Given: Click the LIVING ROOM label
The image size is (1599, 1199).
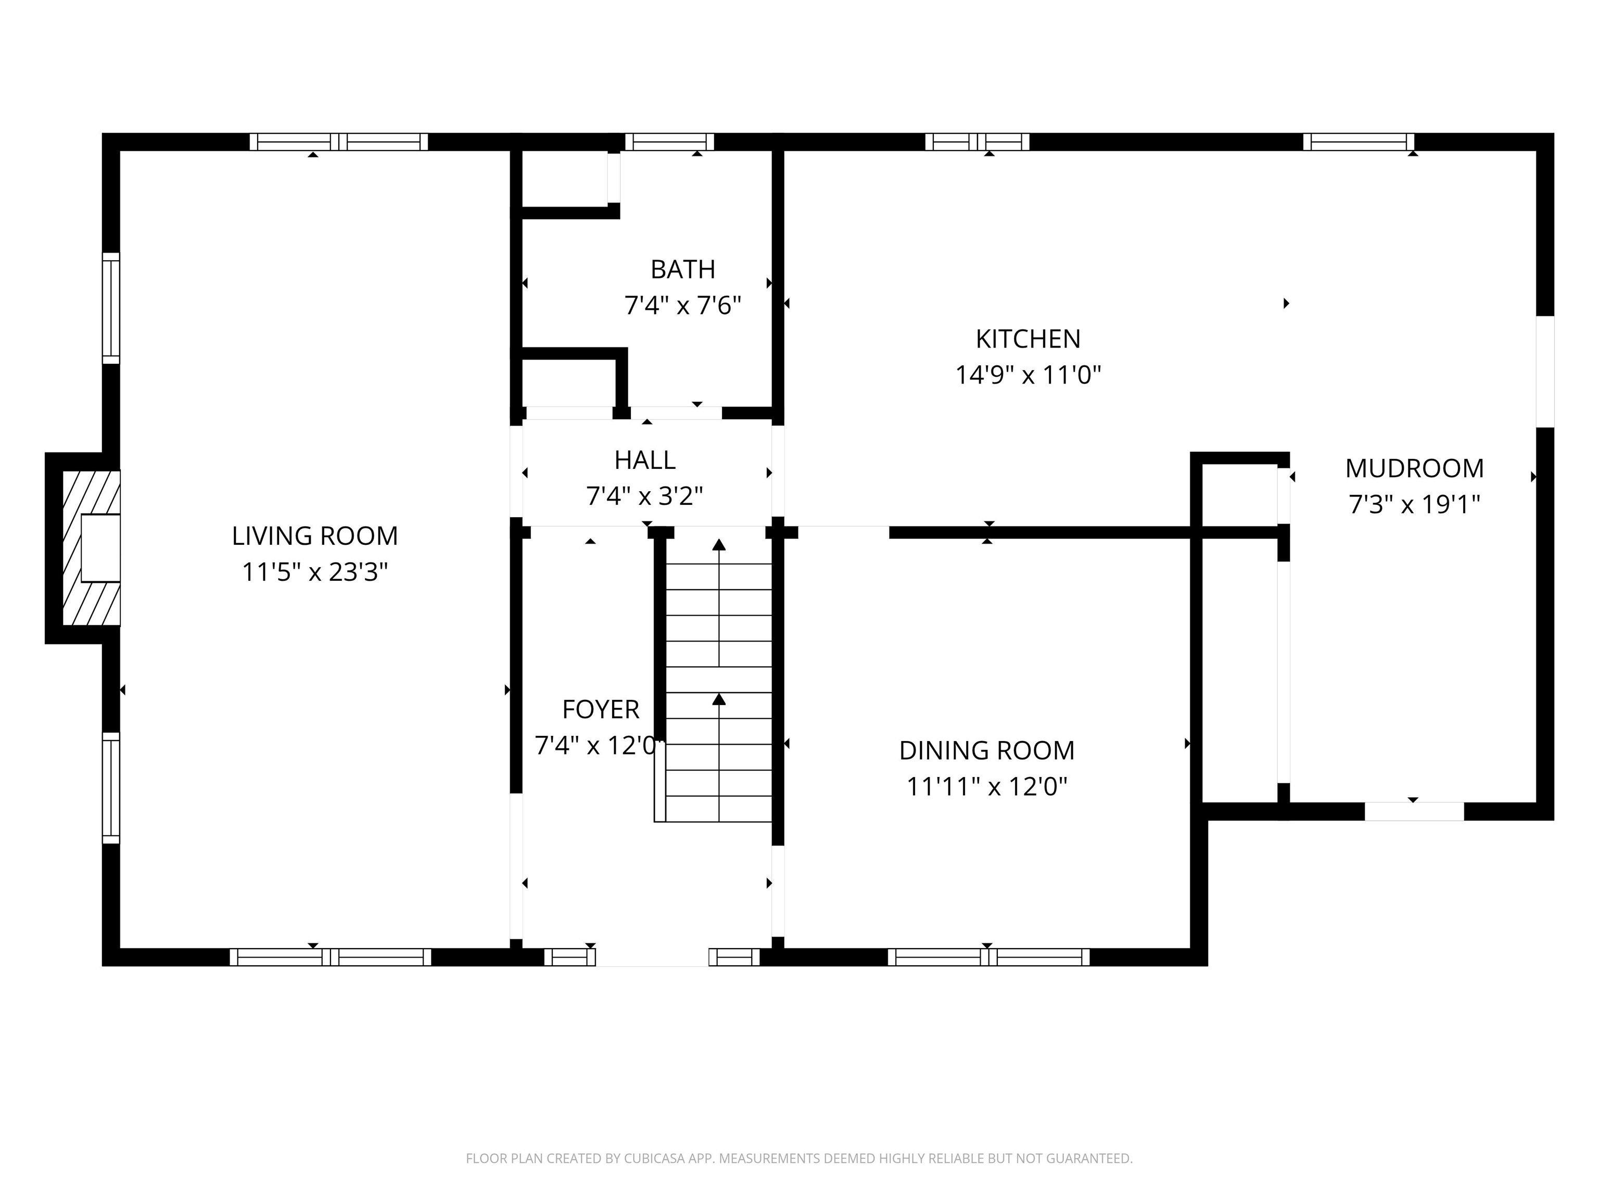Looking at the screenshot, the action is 314,535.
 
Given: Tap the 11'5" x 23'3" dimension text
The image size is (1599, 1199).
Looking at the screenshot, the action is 314,572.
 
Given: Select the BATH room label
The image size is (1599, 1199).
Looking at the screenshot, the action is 682,270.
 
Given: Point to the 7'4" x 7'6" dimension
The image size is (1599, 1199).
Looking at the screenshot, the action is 682,305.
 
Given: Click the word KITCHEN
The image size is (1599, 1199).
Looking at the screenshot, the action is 1028,339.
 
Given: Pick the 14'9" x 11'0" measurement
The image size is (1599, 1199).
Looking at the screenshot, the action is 1028,375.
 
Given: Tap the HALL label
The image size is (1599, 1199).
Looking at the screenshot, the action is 645,460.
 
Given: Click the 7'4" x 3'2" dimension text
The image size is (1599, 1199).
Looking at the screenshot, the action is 645,496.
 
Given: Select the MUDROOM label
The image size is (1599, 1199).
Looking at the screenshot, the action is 1414,468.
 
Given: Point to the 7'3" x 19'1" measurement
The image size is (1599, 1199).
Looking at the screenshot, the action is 1414,504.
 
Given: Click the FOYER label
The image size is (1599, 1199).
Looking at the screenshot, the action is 601,710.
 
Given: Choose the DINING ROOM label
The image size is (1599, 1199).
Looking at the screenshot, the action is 987,750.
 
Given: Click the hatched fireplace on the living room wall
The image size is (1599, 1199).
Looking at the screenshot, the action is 91,548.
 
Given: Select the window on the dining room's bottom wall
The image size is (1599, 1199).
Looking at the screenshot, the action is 988,957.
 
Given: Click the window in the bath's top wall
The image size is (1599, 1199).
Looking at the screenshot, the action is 669,142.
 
